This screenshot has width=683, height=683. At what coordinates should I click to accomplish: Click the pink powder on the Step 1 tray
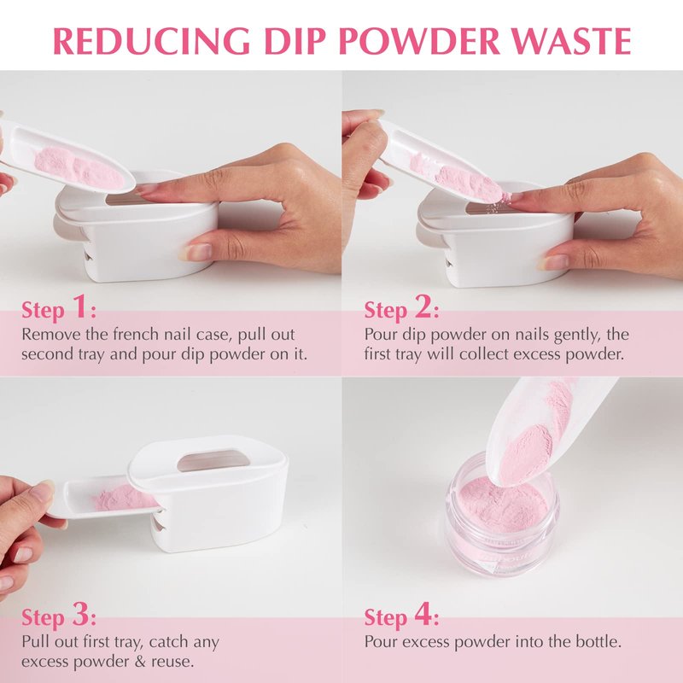tap(79, 168)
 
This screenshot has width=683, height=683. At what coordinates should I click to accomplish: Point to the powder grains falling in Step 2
tap(498, 203)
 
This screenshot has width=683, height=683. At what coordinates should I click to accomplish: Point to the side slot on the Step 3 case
tap(158, 526)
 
